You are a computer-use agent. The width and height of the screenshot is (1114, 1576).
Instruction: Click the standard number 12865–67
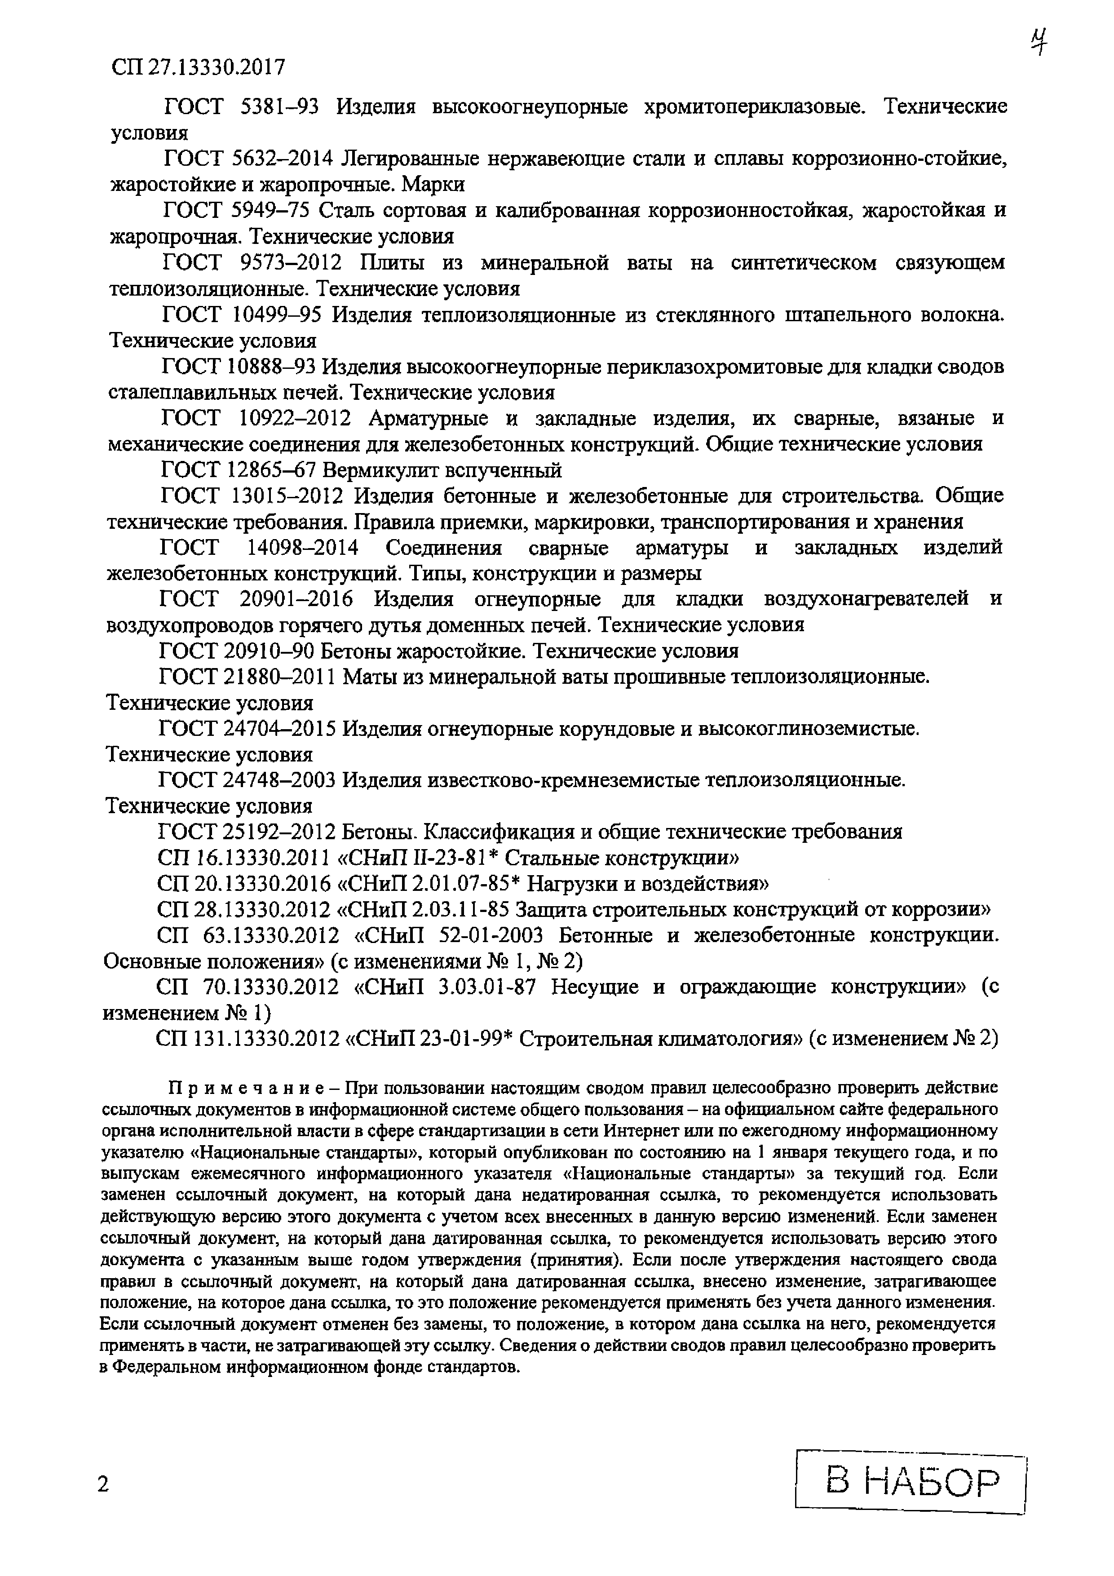pyautogui.click(x=270, y=471)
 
